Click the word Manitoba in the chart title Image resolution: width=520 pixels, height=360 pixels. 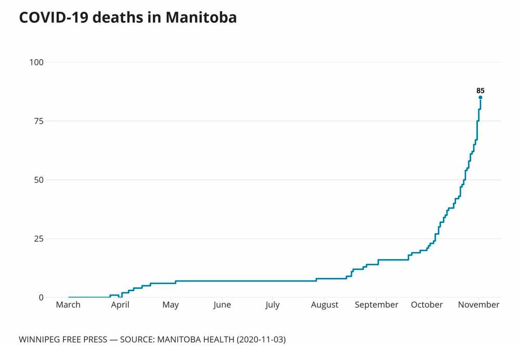click(x=201, y=17)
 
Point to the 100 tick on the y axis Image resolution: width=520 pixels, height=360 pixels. click(x=37, y=62)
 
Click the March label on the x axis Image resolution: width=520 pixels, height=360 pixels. click(x=68, y=305)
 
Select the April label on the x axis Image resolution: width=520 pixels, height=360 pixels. click(x=120, y=305)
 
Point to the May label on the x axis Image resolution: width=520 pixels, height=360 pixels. click(x=171, y=305)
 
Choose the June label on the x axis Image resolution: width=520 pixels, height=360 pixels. click(x=222, y=305)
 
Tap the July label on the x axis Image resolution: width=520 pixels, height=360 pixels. click(x=272, y=305)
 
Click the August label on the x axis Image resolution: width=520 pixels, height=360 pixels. click(x=324, y=305)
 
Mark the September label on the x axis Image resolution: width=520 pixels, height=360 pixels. click(x=376, y=305)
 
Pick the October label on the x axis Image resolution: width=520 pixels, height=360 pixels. click(x=427, y=305)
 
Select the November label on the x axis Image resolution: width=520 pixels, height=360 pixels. click(x=478, y=305)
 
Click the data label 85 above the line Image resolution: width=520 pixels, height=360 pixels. click(x=480, y=91)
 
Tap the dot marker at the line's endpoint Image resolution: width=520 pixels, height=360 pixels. click(x=480, y=97)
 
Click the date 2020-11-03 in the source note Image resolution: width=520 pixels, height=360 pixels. click(x=261, y=340)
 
